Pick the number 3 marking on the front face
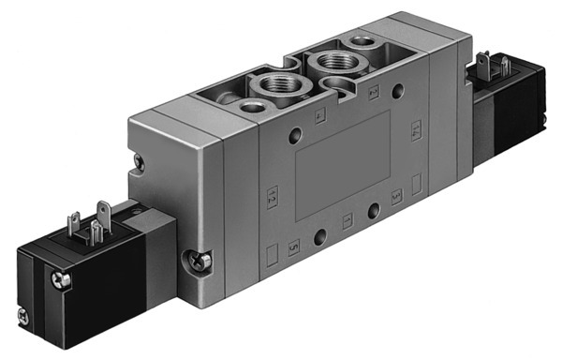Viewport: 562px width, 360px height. click(396, 194)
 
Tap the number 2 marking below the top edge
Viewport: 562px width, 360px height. click(374, 91)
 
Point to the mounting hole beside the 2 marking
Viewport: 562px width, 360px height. click(401, 92)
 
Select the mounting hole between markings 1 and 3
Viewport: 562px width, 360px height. click(372, 209)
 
